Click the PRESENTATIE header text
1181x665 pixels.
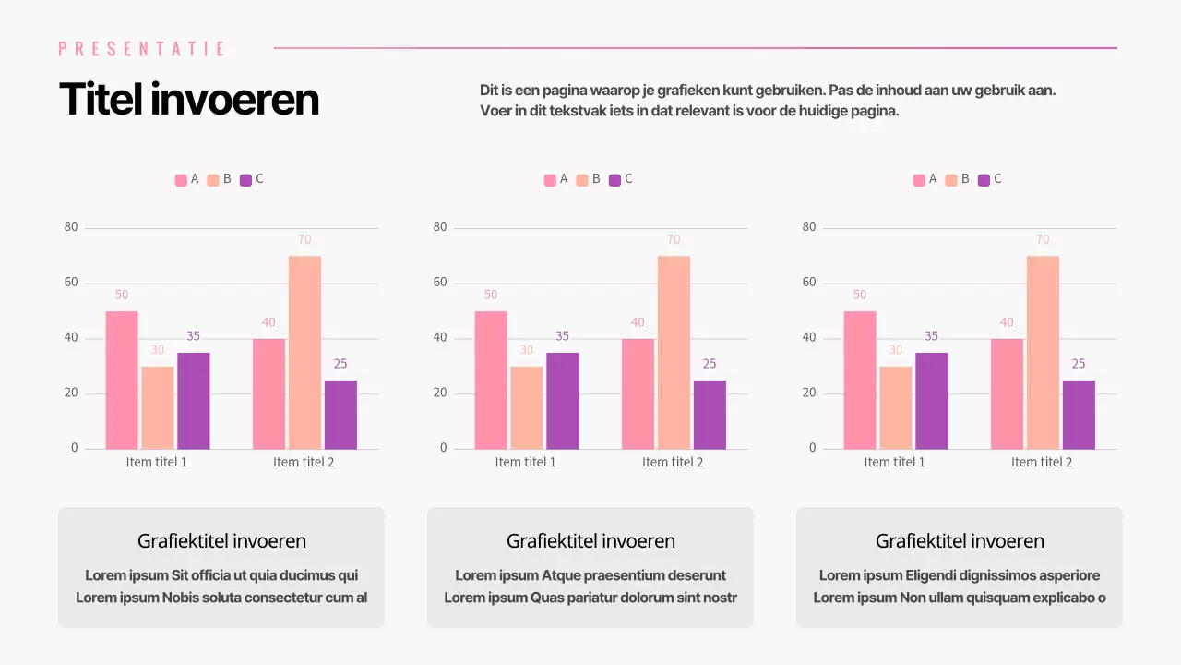pyautogui.click(x=142, y=49)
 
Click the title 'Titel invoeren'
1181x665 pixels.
pyautogui.click(x=189, y=99)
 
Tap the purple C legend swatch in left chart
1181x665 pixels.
pyautogui.click(x=245, y=180)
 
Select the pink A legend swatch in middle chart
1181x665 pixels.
pyautogui.click(x=550, y=180)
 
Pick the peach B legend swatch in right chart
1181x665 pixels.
pyautogui.click(x=951, y=180)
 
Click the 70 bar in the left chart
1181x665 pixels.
pyautogui.click(x=304, y=352)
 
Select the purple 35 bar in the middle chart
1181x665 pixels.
pyautogui.click(x=562, y=401)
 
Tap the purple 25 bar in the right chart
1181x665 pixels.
pyautogui.click(x=1079, y=415)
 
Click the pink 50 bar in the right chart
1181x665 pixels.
pyautogui.click(x=859, y=380)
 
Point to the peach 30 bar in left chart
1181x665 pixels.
pyautogui.click(x=158, y=407)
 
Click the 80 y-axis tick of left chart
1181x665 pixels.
pyautogui.click(x=71, y=227)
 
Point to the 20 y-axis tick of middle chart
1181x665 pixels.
pyautogui.click(x=440, y=393)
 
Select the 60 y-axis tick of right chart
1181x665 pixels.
pyautogui.click(x=809, y=283)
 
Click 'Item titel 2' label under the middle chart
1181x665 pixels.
pyautogui.click(x=673, y=462)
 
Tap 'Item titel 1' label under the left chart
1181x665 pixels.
pyautogui.click(x=157, y=462)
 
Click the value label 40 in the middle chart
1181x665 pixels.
pyautogui.click(x=638, y=322)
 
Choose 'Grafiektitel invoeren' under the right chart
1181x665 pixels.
pyautogui.click(x=960, y=541)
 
